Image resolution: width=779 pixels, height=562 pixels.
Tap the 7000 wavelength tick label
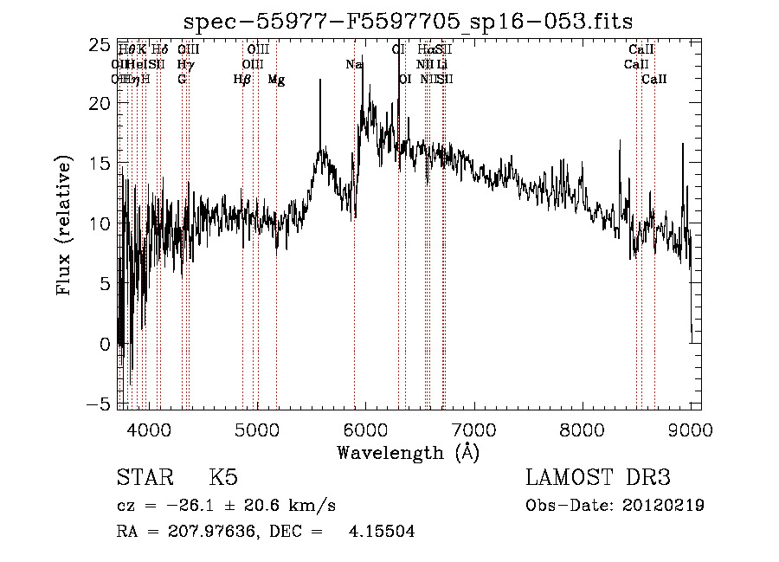pos(473,429)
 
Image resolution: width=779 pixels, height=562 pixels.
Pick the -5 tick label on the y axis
pos(100,404)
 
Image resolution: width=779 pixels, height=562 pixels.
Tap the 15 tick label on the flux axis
pos(100,164)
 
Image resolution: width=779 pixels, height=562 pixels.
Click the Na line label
pos(354,65)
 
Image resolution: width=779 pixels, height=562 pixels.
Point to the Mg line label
pos(276,80)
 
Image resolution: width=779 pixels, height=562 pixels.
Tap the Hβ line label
pos(242,80)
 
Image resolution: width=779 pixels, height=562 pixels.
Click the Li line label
pos(442,65)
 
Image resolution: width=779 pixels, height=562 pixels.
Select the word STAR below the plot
pos(144,477)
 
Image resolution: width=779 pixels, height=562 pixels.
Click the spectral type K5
pos(223,477)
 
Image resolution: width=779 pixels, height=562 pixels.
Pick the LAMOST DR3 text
pos(598,477)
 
